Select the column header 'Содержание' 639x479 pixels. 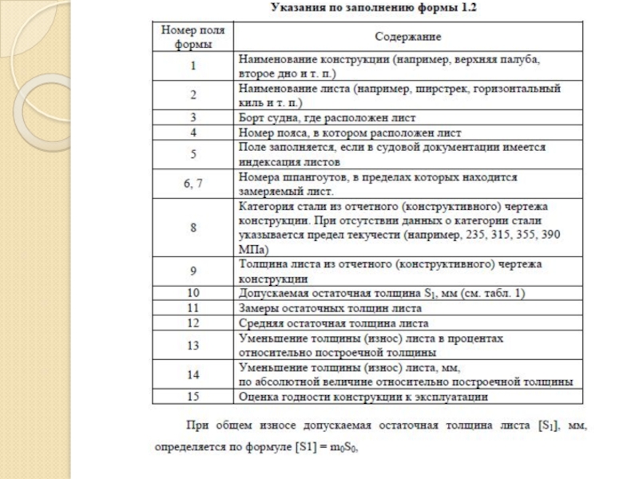(408, 37)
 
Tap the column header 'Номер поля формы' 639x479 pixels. (193, 37)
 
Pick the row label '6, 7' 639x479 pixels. (193, 183)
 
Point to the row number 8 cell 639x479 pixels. (193, 227)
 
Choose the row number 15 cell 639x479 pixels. (193, 396)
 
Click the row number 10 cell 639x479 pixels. (193, 293)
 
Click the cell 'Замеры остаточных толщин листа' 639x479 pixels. (328, 307)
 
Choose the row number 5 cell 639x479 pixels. (193, 153)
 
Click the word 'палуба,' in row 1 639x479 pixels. (522, 58)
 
